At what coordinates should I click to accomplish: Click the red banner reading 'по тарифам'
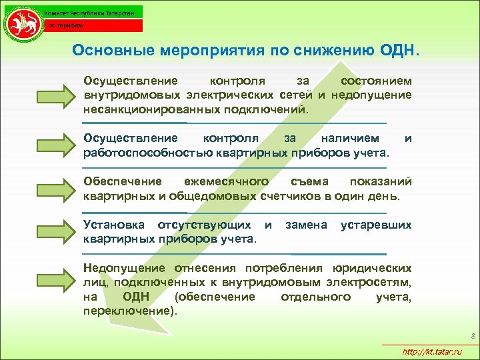click(93, 26)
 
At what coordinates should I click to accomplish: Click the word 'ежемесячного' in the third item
click(227, 182)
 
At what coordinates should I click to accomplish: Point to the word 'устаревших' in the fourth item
click(376, 225)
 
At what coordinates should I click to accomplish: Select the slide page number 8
click(471, 335)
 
